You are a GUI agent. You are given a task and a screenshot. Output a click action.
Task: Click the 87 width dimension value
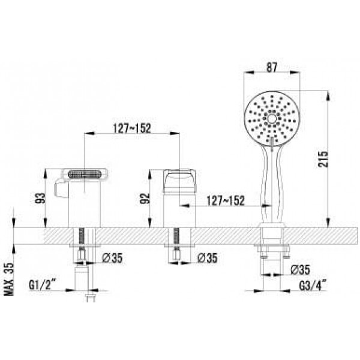272,67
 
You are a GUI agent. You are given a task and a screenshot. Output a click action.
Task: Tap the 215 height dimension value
323,159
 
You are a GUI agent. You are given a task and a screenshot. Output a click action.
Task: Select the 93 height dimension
40,199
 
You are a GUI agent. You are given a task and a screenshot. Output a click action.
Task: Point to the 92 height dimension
145,199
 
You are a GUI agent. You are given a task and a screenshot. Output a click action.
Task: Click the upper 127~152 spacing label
132,128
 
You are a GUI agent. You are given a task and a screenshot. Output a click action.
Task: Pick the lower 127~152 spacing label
226,200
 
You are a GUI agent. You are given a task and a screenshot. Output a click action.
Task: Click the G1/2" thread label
43,285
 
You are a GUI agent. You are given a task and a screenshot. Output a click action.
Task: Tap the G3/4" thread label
313,286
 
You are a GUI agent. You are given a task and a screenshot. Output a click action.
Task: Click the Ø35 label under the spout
112,258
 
